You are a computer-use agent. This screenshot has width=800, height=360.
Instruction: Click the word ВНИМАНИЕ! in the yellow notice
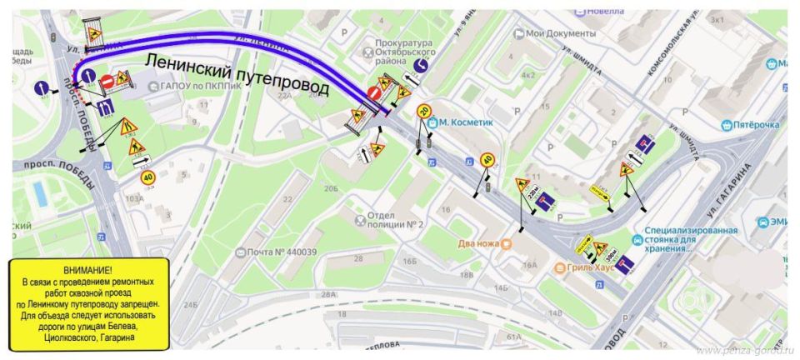[x=88, y=272]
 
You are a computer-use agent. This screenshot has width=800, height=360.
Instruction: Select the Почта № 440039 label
[x=282, y=252]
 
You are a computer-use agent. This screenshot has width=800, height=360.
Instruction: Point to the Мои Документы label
[x=561, y=33]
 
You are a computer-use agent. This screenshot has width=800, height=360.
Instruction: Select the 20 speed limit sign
[x=424, y=110]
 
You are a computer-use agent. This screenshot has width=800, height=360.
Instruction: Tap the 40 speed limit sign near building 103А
[x=147, y=177]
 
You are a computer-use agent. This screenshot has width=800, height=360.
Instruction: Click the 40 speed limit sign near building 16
[x=487, y=161]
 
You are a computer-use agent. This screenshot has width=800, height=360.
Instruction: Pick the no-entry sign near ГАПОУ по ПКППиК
[x=106, y=82]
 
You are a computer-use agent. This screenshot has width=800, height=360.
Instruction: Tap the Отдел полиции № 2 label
[x=396, y=219]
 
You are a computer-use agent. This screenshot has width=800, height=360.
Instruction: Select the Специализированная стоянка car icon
[x=637, y=239]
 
